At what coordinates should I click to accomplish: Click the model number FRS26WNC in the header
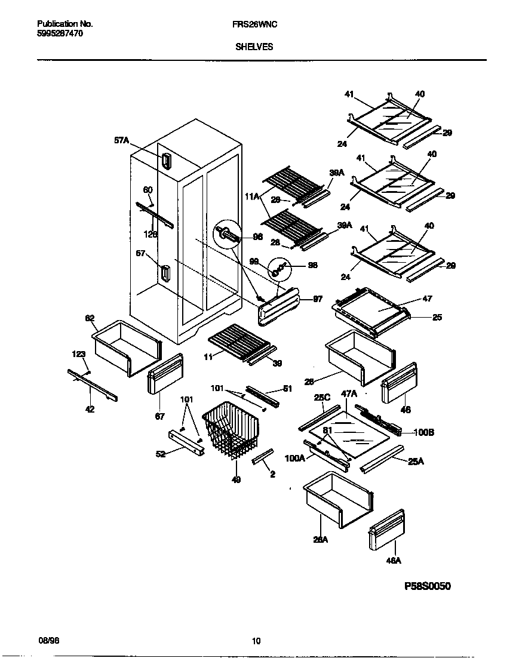click(254, 24)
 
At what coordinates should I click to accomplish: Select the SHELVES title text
click(254, 47)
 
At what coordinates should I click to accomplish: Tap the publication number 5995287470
click(60, 34)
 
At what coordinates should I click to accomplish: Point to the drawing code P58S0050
click(428, 586)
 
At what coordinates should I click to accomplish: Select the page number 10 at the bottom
click(256, 641)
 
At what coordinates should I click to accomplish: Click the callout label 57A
click(121, 140)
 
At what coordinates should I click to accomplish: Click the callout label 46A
click(393, 560)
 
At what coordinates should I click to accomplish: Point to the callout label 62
click(90, 318)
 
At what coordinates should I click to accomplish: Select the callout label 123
click(79, 354)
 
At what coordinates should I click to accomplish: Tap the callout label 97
click(318, 299)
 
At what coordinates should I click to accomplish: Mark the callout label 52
click(161, 454)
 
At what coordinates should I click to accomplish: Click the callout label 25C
click(322, 396)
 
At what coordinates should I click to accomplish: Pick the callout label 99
click(254, 262)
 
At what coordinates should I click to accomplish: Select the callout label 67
click(159, 417)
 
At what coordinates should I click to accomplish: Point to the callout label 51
click(287, 389)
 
